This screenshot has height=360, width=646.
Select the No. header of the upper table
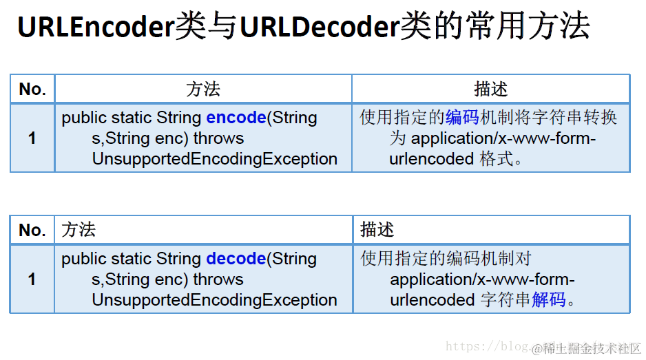coord(32,89)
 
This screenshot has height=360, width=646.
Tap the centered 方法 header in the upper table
coord(202,89)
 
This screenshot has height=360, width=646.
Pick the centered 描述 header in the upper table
coord(490,89)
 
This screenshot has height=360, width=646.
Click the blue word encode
coord(236,118)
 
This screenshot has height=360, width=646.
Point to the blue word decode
coord(236,259)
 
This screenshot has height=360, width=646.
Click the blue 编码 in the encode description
coord(463,118)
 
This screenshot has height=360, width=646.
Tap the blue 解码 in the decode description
coord(549,300)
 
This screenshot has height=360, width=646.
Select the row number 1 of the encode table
coord(32,138)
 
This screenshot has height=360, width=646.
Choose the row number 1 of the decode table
coord(32,279)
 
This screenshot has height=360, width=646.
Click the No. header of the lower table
coord(32,230)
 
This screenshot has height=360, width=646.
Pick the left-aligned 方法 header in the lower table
coord(79,230)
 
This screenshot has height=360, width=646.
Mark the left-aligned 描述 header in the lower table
coord(377,230)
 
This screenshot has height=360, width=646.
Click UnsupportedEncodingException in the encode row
coord(214,159)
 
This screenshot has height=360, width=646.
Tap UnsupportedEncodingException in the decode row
coord(214,300)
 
